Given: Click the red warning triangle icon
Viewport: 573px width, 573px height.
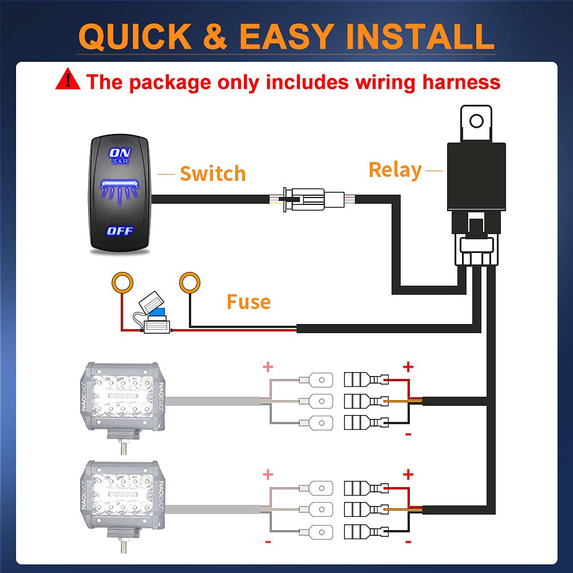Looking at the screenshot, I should tap(68, 79).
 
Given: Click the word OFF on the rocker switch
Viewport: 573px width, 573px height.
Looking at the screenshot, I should tap(120, 231).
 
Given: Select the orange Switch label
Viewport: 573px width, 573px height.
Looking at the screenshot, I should tap(212, 173).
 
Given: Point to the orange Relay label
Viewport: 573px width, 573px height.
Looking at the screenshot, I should tap(395, 169).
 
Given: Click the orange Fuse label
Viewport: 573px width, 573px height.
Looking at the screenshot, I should tap(248, 302).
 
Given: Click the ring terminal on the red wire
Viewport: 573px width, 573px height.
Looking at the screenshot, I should tap(122, 282).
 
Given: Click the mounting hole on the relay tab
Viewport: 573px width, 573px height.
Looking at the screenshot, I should tap(476, 121).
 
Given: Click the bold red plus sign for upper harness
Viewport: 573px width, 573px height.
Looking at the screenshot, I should tap(408, 366).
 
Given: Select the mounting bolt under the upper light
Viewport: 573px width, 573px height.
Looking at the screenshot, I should tap(123, 445).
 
